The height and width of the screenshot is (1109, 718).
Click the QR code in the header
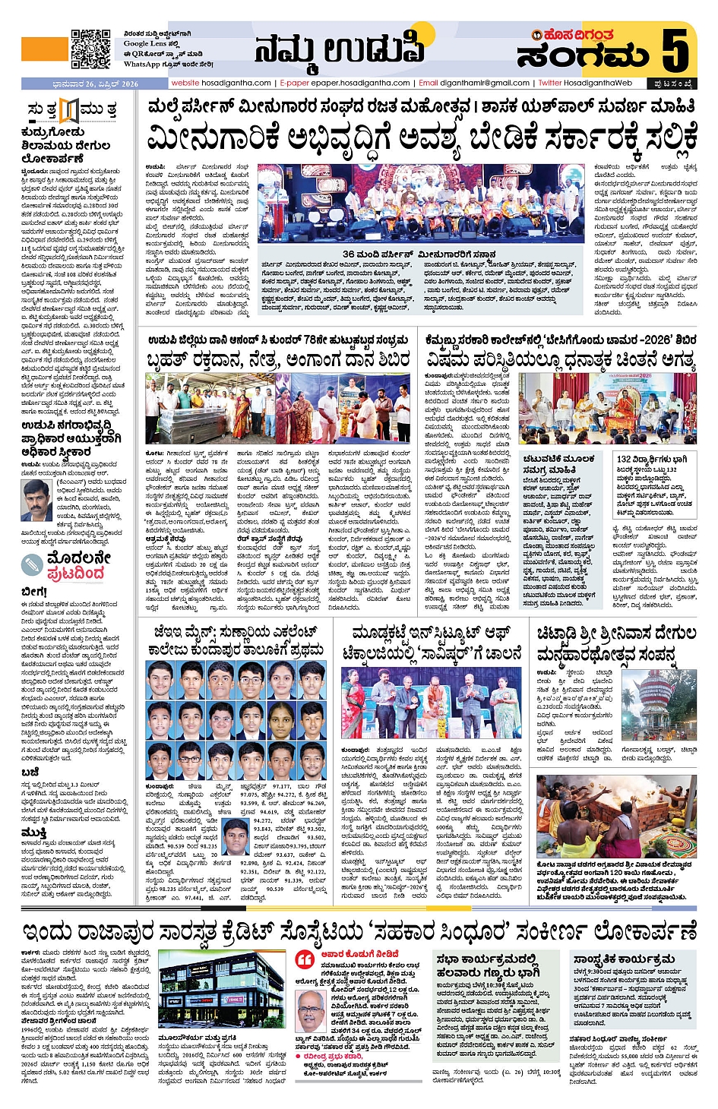point(90,49)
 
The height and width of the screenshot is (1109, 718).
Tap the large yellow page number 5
point(675,51)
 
